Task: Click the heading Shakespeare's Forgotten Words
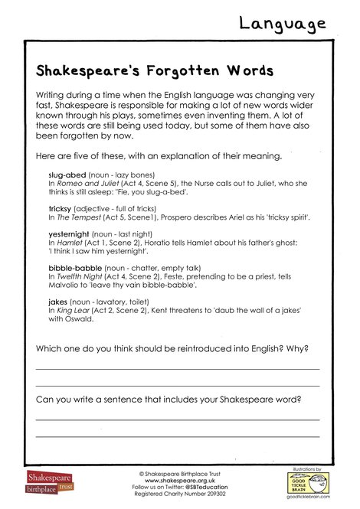point(155,71)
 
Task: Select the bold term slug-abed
point(67,175)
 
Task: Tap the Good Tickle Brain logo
point(307,481)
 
